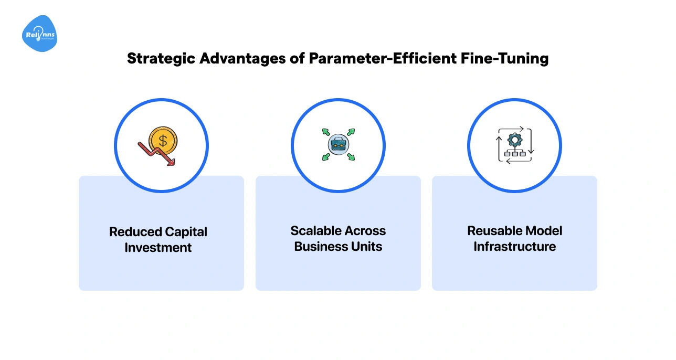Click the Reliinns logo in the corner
pyautogui.click(x=39, y=34)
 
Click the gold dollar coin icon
pyautogui.click(x=163, y=141)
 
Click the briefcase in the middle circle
pyautogui.click(x=337, y=144)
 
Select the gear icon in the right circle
pyautogui.click(x=515, y=140)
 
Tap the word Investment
pyautogui.click(x=158, y=247)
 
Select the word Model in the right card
pyautogui.click(x=543, y=231)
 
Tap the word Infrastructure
pyautogui.click(x=514, y=246)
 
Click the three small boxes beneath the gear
pyautogui.click(x=515, y=154)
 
